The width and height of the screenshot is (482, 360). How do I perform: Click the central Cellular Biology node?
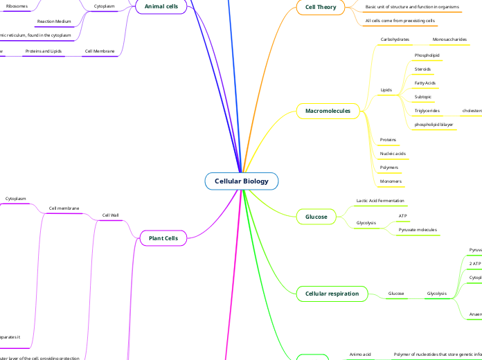coord(241,181)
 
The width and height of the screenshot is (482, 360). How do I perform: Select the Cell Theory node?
coord(321,8)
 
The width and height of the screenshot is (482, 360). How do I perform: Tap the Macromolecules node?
coord(328,111)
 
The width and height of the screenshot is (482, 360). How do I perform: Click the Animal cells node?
coord(161,6)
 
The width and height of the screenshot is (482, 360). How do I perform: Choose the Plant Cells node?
coord(163,238)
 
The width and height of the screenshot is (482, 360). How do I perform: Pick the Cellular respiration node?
coord(332,294)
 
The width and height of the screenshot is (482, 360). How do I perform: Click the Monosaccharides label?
coord(449,39)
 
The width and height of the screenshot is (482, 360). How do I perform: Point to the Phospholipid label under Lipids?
coord(427,55)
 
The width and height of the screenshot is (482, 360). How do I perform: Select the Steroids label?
coord(422,69)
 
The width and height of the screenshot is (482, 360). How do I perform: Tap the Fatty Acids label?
coord(425,83)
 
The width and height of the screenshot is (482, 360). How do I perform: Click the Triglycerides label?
coord(427,111)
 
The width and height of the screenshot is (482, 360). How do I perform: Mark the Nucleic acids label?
coord(393,153)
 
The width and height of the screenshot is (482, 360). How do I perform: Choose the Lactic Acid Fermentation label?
coord(380,200)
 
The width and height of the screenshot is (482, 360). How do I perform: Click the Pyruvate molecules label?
coord(418,229)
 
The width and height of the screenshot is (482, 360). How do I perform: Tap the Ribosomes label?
coord(17,6)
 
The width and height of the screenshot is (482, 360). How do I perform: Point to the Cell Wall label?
coord(110,215)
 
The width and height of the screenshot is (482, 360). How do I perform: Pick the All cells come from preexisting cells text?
coord(400,21)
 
